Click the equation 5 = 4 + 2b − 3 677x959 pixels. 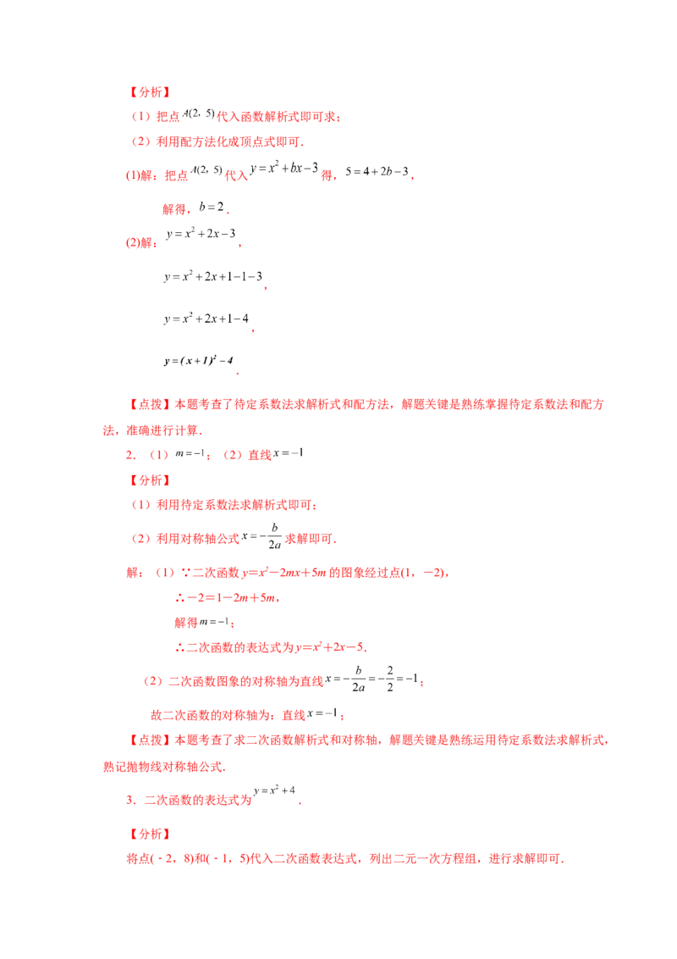tap(377, 172)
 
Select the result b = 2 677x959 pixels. tap(212, 208)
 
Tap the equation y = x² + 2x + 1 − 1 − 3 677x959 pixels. tap(213, 276)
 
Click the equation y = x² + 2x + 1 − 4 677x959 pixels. tap(206, 319)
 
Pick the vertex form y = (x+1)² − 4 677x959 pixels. tap(199, 360)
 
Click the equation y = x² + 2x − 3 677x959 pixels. tap(201, 234)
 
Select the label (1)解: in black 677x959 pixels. tap(140, 176)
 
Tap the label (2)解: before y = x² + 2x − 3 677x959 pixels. tap(141, 243)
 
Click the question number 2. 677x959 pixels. tap(130, 454)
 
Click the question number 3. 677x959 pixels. tap(131, 800)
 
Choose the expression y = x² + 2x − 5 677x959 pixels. tap(330, 647)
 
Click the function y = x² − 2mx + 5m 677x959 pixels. tap(284, 573)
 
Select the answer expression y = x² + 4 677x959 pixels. tap(274, 790)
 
